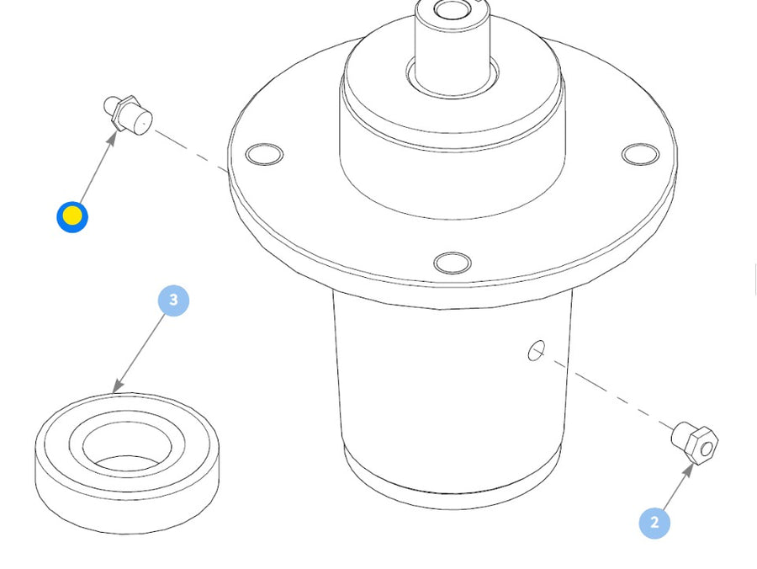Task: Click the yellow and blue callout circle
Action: pyautogui.click(x=72, y=217)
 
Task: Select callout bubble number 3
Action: pyautogui.click(x=174, y=300)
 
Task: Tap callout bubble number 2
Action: pyautogui.click(x=654, y=523)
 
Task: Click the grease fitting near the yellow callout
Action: pyautogui.click(x=128, y=115)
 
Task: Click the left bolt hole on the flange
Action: pyautogui.click(x=265, y=155)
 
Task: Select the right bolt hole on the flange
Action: pyautogui.click(x=641, y=154)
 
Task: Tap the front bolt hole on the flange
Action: pyautogui.click(x=453, y=263)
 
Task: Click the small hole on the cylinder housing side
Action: pyautogui.click(x=537, y=351)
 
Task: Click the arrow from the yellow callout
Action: pyautogui.click(x=98, y=168)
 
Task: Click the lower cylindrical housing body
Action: pyautogui.click(x=453, y=396)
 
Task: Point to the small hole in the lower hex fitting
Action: pyautogui.click(x=707, y=449)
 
